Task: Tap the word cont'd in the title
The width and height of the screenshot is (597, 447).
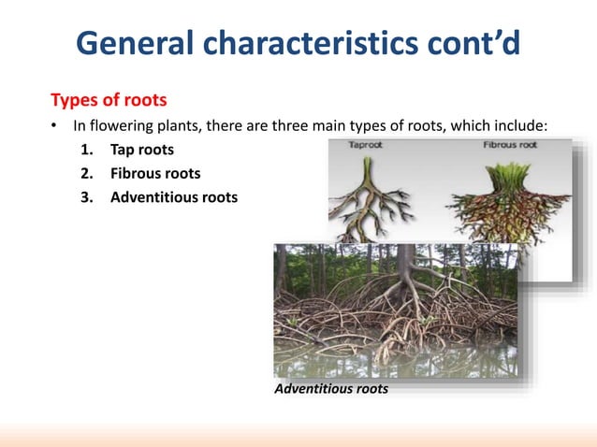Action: click(473, 42)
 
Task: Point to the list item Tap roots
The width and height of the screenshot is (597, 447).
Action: click(141, 150)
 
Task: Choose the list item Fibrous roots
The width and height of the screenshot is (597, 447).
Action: click(155, 173)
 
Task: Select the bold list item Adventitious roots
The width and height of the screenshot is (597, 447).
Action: click(173, 197)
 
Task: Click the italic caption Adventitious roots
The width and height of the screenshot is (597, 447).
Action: click(330, 388)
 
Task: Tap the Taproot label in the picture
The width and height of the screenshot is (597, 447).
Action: click(364, 146)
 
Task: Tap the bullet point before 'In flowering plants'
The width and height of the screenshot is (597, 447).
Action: click(54, 126)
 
